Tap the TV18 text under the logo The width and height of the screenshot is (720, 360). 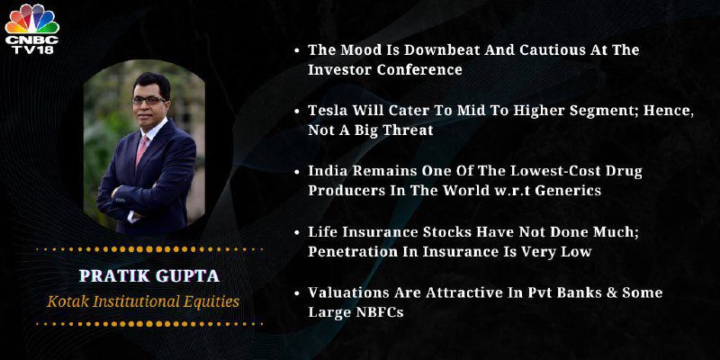pyautogui.click(x=32, y=49)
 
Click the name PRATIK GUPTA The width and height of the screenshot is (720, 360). pyautogui.click(x=149, y=276)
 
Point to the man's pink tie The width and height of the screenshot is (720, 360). pyautogui.click(x=142, y=150)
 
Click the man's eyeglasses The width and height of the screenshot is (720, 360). pyautogui.click(x=148, y=100)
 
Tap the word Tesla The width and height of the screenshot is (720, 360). pyautogui.click(x=324, y=110)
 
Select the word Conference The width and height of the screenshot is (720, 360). pyautogui.click(x=419, y=69)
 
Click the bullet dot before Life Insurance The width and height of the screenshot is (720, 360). pyautogui.click(x=297, y=232)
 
